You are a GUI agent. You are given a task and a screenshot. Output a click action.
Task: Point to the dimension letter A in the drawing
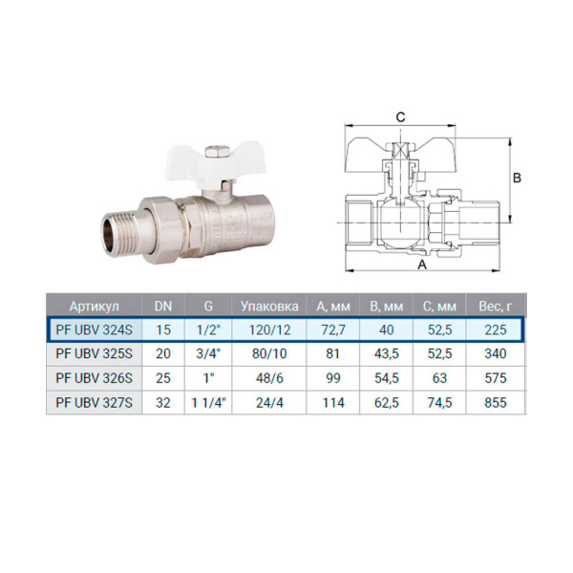[420, 266]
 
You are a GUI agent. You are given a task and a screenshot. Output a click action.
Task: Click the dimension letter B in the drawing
[517, 178]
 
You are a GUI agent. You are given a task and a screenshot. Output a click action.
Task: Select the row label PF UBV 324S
[94, 329]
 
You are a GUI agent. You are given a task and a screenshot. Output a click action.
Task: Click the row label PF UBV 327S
[94, 403]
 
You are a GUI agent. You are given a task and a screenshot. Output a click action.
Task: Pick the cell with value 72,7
[333, 329]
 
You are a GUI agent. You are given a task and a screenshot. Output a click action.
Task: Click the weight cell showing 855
[495, 403]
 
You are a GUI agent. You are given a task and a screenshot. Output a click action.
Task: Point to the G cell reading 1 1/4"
[207, 403]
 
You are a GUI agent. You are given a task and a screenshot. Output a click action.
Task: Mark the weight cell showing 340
[495, 354]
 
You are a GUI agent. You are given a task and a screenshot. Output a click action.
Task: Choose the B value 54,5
[386, 378]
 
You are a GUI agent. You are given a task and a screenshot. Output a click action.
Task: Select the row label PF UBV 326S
[94, 378]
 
